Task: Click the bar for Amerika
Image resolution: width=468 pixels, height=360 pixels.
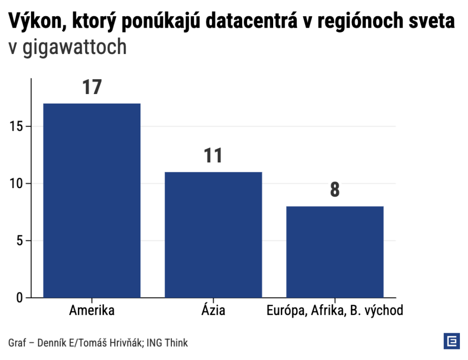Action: coord(92,201)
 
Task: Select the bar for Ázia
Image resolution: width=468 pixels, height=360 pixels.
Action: coord(213,234)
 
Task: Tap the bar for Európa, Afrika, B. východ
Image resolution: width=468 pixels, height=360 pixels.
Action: coord(335,252)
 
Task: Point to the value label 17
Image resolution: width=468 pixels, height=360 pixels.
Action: coord(92,88)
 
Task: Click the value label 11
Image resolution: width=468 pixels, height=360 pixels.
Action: coord(213,156)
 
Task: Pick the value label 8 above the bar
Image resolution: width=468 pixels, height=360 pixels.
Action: coord(335,190)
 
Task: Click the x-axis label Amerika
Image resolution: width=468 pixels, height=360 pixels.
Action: coord(92,311)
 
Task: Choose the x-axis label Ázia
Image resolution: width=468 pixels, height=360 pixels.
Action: coord(213,311)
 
